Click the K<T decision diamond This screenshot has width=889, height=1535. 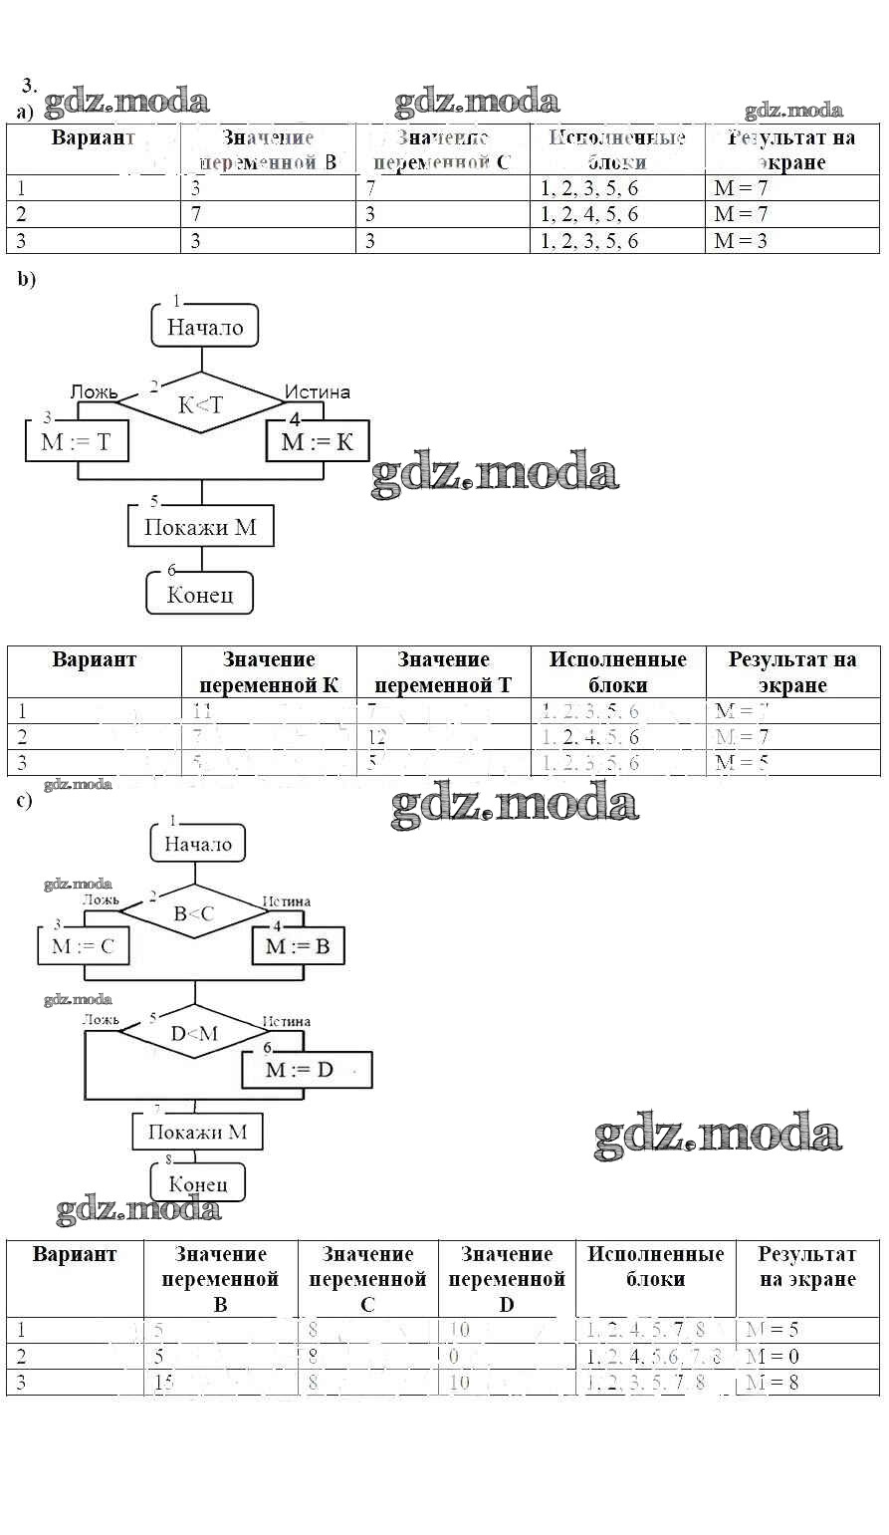click(x=201, y=404)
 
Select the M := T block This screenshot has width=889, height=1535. click(x=78, y=442)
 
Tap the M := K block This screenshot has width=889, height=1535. click(x=317, y=441)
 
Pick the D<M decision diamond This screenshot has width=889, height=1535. click(x=193, y=1033)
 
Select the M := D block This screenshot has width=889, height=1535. click(x=307, y=1070)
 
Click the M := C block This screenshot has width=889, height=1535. click(x=84, y=946)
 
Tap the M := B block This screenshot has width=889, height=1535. click(x=297, y=946)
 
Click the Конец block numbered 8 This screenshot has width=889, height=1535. click(x=197, y=1183)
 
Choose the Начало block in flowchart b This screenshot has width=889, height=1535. click(x=205, y=327)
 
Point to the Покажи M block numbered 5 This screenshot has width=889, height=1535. click(x=200, y=527)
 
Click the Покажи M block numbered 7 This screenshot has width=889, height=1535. click(x=197, y=1132)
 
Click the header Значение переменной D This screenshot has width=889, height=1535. click(x=507, y=1279)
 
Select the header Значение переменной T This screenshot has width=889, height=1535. click(x=443, y=672)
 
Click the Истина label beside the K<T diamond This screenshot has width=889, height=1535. click(x=318, y=391)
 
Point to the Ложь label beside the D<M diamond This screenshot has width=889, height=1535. click(x=101, y=1020)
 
